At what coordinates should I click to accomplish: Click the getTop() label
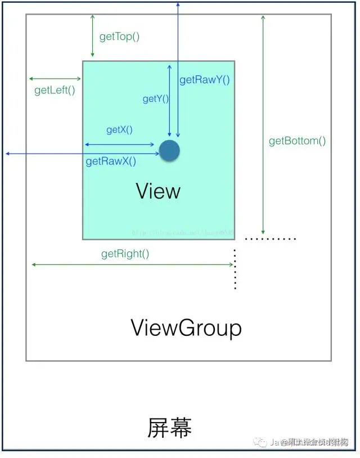tap(119, 37)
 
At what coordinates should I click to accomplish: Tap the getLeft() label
tap(55, 90)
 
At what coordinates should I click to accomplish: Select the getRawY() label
tap(205, 80)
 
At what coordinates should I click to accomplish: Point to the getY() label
tap(155, 99)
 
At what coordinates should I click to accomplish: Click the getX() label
tap(119, 130)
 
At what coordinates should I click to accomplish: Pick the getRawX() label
tap(111, 161)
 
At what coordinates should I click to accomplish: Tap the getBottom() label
tap(297, 141)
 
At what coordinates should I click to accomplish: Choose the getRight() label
tap(125, 254)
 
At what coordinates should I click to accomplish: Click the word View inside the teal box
tap(158, 191)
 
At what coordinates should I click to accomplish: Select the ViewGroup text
tap(186, 327)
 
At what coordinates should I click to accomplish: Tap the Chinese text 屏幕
tap(170, 428)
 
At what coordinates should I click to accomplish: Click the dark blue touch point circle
tap(169, 151)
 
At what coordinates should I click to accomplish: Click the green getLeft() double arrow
tap(55, 79)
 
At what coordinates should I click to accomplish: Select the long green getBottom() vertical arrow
tap(263, 124)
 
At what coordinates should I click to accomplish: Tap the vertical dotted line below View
tap(235, 269)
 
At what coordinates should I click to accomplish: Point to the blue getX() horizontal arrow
tap(119, 145)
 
